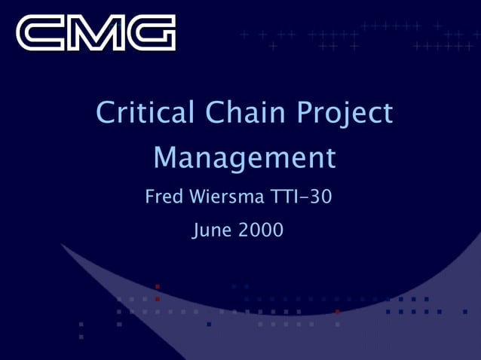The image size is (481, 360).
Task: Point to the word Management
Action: [244, 158]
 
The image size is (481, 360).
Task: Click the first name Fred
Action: [163, 198]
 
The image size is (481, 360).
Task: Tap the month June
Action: [213, 230]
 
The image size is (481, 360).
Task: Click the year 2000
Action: [261, 230]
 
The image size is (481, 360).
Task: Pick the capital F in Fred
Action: [149, 198]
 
